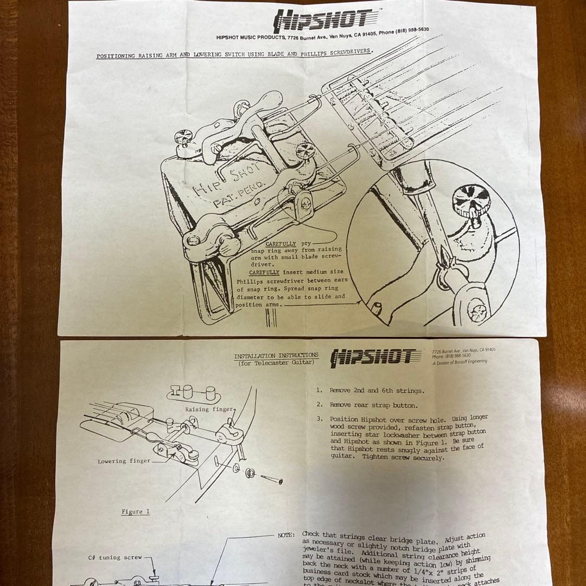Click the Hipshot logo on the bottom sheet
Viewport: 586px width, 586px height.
coord(375,356)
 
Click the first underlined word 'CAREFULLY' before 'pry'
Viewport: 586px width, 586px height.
coord(281,244)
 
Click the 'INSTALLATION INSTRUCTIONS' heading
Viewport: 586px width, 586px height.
coord(276,356)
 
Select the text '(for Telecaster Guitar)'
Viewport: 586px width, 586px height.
coord(276,363)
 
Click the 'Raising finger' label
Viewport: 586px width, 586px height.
coord(209,409)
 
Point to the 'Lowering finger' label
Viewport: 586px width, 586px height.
coord(124,461)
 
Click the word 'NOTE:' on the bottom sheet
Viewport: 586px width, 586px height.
coord(286,535)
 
